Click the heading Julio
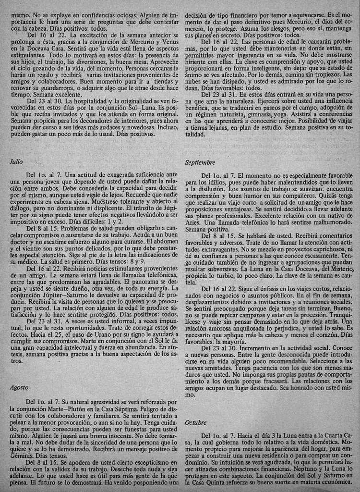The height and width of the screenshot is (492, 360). (16, 162)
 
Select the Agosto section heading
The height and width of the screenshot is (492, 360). (19, 387)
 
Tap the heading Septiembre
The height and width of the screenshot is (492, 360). (199, 162)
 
